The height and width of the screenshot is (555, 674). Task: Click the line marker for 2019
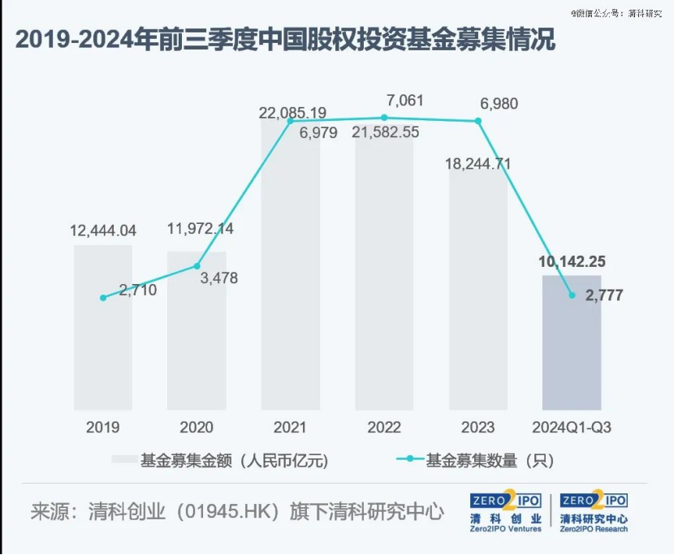[103, 298]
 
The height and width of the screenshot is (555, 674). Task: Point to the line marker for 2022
[384, 118]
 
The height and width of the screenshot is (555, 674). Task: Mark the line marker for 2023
[478, 122]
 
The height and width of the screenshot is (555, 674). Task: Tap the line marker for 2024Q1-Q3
[572, 295]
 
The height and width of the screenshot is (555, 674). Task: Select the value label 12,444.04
[102, 230]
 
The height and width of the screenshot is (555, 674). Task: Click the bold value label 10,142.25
[572, 262]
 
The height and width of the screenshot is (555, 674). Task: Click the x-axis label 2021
[290, 427]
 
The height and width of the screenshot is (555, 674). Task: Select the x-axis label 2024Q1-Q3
[572, 427]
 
